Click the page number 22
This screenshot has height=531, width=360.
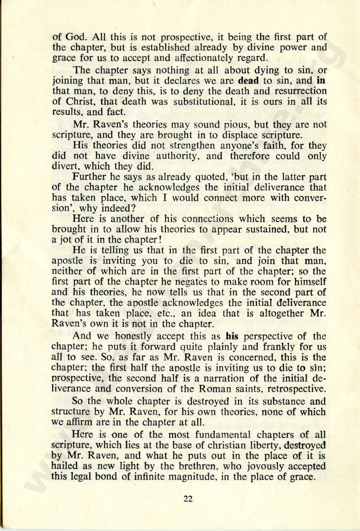[188, 498]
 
